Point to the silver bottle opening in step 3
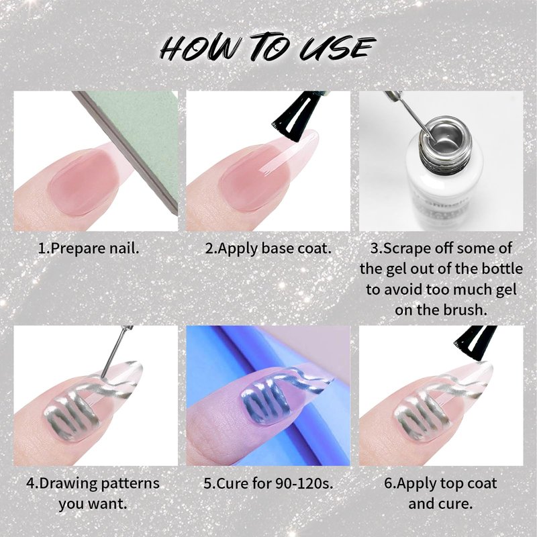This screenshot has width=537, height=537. pyautogui.click(x=442, y=136)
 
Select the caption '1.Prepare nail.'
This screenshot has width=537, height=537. pyautogui.click(x=89, y=248)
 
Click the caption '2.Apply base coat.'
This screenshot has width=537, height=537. pyautogui.click(x=268, y=248)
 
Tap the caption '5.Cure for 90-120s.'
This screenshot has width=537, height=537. pyautogui.click(x=268, y=483)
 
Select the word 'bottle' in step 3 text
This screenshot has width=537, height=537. pyautogui.click(x=502, y=269)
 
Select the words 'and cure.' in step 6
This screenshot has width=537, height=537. pyautogui.click(x=440, y=504)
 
